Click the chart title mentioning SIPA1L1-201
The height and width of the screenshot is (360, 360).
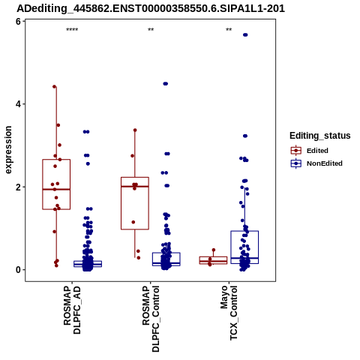tap(151, 8)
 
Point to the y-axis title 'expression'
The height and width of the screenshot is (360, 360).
tap(8, 150)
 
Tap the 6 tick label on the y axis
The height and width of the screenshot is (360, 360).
tap(18, 22)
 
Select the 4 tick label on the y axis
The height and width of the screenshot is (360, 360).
tap(18, 103)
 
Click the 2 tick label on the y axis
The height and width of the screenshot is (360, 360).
tap(18, 187)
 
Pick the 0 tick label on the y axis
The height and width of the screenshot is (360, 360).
tap(18, 270)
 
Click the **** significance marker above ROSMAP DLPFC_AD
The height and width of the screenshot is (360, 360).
tap(72, 30)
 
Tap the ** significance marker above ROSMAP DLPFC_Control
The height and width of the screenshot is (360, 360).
tap(151, 30)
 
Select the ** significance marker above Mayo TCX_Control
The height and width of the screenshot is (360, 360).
tap(229, 30)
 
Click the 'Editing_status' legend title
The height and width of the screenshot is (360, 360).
tap(320, 136)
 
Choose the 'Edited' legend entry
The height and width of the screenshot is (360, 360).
tap(310, 151)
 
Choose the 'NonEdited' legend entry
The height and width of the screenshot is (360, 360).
tap(316, 163)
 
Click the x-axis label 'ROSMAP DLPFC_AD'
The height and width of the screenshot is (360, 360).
tap(72, 310)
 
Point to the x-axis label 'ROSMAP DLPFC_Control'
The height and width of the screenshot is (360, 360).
tap(151, 319)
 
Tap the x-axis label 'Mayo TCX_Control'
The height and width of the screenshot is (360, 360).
tap(229, 313)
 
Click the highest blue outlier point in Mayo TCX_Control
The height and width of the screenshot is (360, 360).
tap(245, 34)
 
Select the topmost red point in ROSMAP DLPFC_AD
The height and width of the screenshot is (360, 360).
tap(55, 86)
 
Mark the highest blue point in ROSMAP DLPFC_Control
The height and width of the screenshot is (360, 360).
tap(166, 84)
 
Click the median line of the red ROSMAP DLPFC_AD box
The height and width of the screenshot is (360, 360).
tap(56, 189)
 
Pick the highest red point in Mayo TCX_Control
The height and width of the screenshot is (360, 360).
tap(214, 250)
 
